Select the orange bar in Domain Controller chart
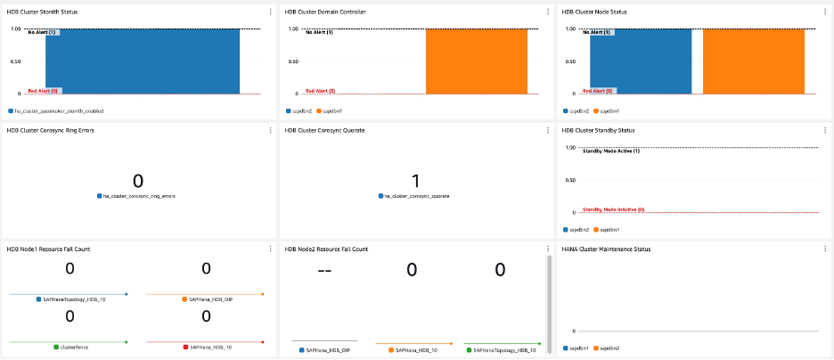coord(476,61)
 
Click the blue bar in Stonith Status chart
coord(143,61)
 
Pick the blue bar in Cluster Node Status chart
coord(641,61)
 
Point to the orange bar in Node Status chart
coord(754,61)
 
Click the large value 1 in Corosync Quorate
coord(415,181)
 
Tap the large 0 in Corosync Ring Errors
coord(137,181)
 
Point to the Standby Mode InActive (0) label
coord(613,209)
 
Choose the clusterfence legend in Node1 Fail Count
coord(75,346)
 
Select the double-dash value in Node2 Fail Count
coord(324,270)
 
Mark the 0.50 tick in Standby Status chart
coord(568,180)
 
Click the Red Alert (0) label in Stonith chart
coord(44,90)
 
